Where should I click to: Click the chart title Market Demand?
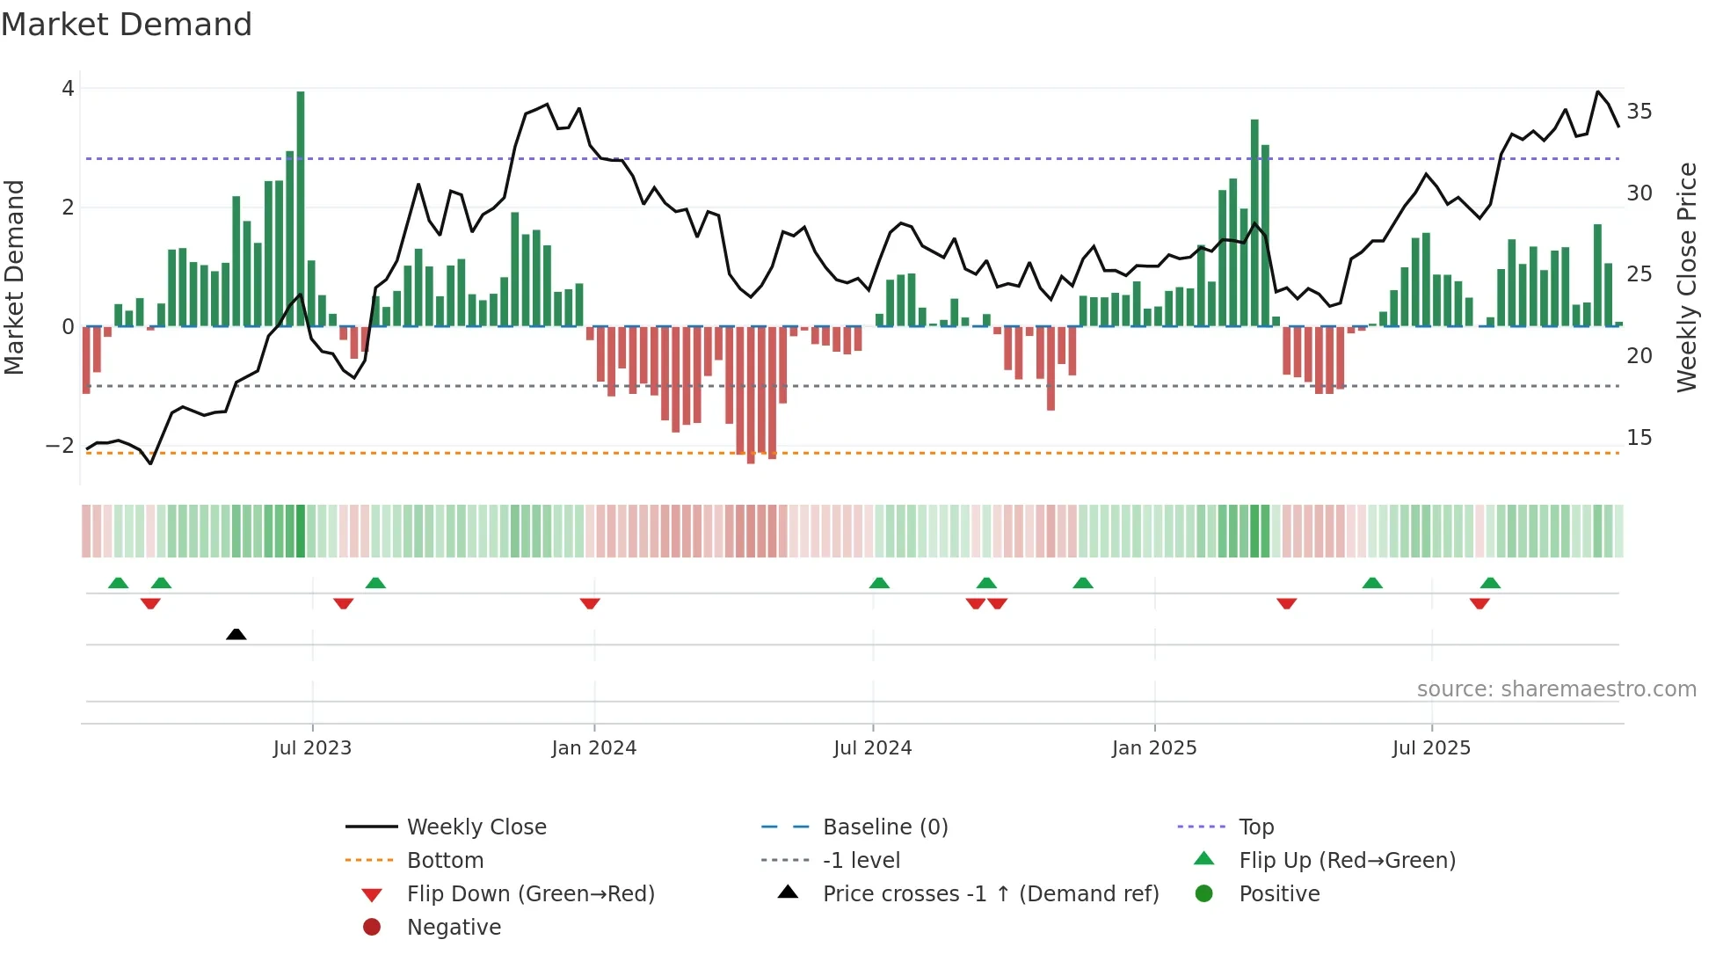[127, 25]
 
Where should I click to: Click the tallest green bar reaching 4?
[301, 209]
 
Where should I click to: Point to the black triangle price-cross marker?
[236, 634]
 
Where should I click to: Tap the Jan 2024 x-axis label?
[593, 748]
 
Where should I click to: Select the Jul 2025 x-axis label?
[1431, 748]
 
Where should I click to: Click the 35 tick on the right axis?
[1639, 112]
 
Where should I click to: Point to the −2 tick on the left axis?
[60, 446]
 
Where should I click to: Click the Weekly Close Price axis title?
[1686, 277]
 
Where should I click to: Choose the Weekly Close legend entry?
[476, 827]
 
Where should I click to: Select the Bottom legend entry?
[445, 861]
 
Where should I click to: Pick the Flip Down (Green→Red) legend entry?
[530, 894]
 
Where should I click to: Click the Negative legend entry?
[454, 928]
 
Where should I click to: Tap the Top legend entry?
[1255, 827]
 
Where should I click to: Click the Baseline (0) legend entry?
[884, 827]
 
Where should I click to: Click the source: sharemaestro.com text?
[1556, 689]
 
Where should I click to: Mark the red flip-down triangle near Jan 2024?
[590, 603]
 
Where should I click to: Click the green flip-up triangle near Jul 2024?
[879, 583]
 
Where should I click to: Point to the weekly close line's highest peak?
[1597, 91]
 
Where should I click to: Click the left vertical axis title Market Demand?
[14, 277]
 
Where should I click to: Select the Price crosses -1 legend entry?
[990, 894]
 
